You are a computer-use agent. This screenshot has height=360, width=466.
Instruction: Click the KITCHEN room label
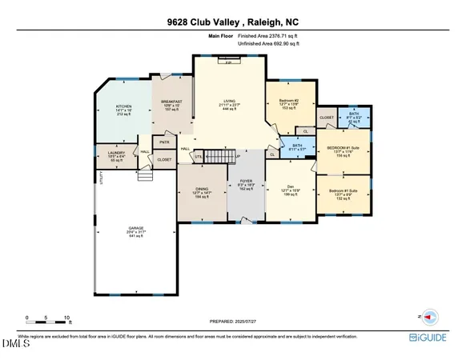tap(123, 106)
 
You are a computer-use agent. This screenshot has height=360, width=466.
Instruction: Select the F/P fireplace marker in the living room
tap(227, 61)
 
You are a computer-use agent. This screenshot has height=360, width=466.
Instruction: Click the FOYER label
tap(247, 183)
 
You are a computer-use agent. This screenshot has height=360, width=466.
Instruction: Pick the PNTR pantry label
tap(165, 142)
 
